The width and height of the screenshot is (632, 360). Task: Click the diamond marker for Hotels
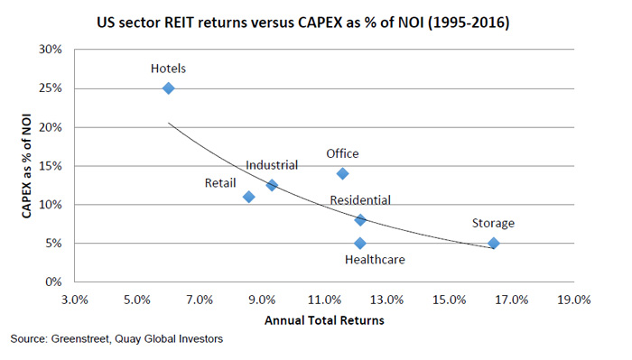point(168,88)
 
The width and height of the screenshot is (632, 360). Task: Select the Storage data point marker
point(493,243)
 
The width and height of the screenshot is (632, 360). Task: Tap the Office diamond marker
point(342,173)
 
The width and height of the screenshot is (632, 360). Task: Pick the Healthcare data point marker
point(360,243)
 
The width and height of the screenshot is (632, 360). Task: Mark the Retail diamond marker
point(249,197)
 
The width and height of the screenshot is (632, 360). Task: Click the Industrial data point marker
point(272,185)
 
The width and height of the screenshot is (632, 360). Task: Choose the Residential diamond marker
point(360,219)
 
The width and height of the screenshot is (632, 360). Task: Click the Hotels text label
point(169,67)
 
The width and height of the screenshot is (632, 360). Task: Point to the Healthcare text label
point(375,261)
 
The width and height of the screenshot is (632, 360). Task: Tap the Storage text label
point(494,223)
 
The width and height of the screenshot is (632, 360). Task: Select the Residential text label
point(360,199)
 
